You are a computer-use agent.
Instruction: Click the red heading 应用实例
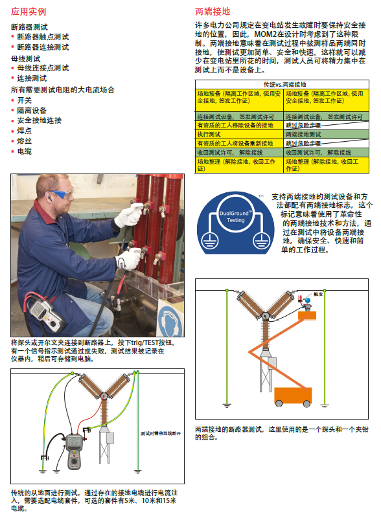(x=29, y=12)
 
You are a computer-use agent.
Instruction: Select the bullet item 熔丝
(x=25, y=140)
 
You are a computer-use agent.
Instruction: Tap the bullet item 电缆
(x=25, y=151)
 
